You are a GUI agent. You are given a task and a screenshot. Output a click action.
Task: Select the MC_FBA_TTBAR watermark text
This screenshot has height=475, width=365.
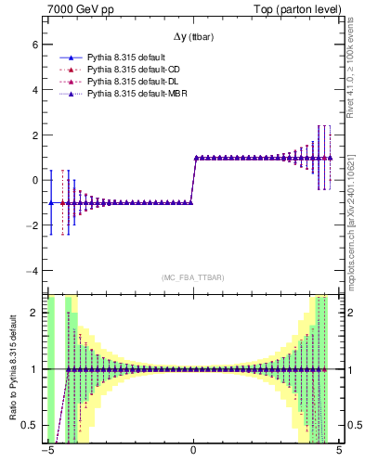click(193, 277)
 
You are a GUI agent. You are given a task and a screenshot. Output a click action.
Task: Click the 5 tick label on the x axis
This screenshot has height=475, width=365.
click(338, 453)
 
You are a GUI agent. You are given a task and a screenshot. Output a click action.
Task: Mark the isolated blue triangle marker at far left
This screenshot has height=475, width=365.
click(51, 202)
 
